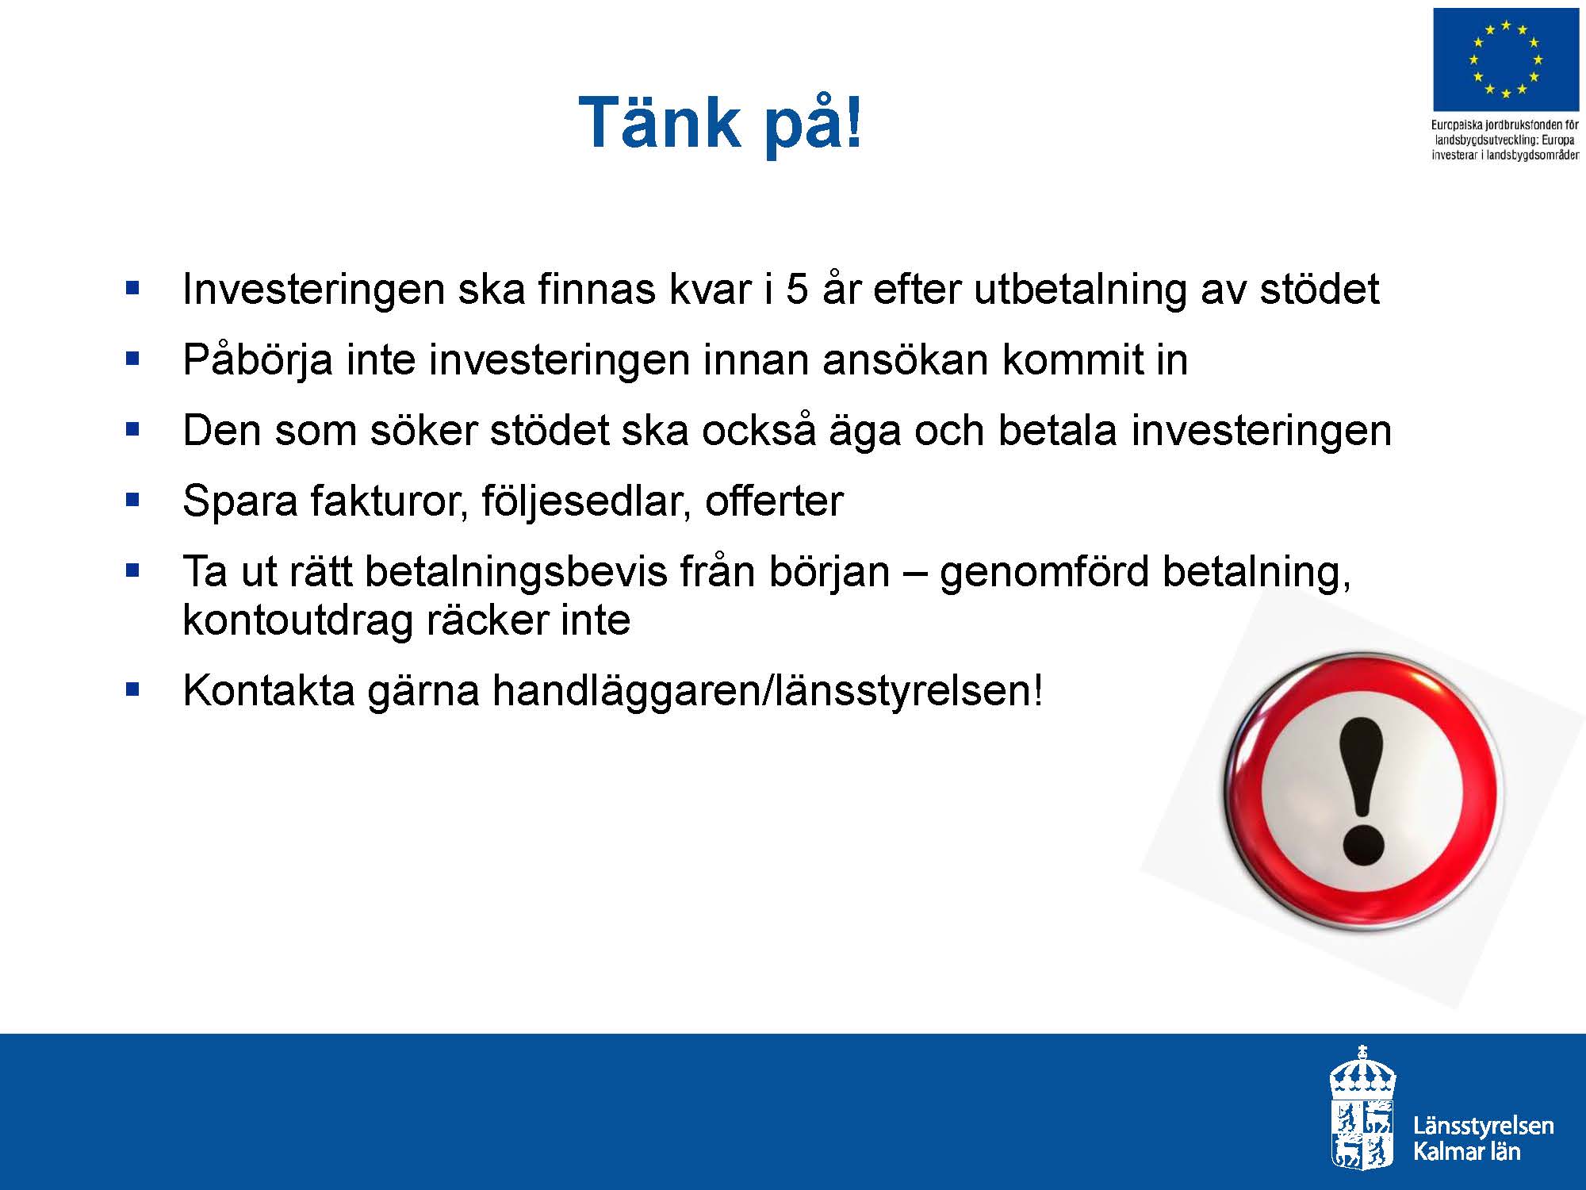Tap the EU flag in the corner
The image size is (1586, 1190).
click(x=1506, y=60)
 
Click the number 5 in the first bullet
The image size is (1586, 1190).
click(x=797, y=289)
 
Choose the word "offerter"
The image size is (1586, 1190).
click(x=774, y=501)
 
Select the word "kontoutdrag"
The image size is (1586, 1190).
click(x=298, y=621)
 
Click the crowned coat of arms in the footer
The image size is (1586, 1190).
click(x=1362, y=1107)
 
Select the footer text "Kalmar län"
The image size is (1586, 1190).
click(x=1466, y=1152)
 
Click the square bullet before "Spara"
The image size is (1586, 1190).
click(x=132, y=501)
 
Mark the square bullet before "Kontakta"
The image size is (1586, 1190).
click(x=132, y=689)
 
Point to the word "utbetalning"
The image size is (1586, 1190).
click(x=1079, y=290)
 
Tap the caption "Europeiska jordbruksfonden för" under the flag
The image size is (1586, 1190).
click(x=1505, y=125)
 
